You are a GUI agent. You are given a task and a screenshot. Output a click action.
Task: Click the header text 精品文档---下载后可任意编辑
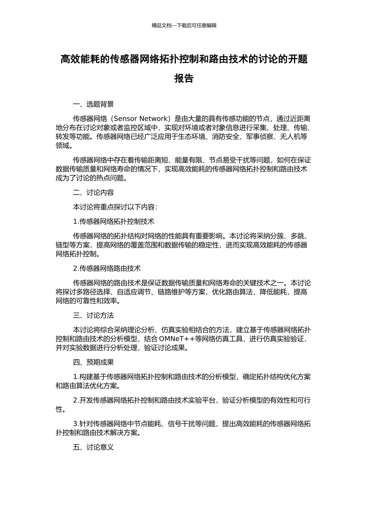(x=184, y=26)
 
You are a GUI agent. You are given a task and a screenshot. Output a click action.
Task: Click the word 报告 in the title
(x=184, y=78)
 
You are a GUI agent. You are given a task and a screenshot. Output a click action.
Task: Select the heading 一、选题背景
(x=93, y=104)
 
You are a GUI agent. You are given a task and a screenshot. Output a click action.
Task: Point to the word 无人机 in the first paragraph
(x=297, y=137)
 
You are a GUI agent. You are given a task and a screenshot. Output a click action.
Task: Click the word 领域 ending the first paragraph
(x=63, y=146)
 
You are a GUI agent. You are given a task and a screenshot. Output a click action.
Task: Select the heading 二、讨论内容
(x=93, y=193)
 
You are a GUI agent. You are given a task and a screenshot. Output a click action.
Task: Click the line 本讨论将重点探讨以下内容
(x=115, y=207)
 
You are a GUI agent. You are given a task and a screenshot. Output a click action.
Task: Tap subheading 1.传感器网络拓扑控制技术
(x=113, y=221)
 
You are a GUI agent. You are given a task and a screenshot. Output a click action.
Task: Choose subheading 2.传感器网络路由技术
(x=107, y=268)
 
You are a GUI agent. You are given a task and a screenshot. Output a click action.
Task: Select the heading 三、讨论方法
(x=93, y=315)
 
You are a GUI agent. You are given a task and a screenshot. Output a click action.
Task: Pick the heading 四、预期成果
(x=93, y=363)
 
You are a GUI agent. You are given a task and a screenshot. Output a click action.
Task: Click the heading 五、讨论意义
(x=93, y=447)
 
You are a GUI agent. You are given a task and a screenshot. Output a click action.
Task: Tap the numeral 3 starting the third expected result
(x=75, y=424)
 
